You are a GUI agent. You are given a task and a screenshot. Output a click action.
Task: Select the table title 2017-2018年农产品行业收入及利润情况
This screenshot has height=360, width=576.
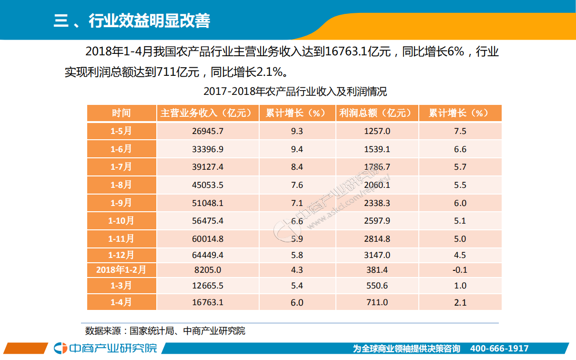[295, 92]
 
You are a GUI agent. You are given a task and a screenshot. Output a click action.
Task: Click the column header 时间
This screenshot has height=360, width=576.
[121, 113]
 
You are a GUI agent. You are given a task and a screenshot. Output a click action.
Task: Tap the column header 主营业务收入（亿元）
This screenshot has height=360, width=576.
[207, 113]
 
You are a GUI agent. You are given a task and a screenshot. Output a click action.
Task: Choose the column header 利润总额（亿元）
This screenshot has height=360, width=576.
[376, 113]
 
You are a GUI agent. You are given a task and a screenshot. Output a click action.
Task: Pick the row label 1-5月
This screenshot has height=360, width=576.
[121, 131]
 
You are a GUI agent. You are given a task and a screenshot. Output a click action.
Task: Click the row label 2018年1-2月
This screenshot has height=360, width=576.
[121, 270]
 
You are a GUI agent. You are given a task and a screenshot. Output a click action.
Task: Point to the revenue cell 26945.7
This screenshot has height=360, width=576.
[207, 131]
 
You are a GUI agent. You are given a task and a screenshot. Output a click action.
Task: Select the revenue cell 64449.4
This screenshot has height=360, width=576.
[207, 255]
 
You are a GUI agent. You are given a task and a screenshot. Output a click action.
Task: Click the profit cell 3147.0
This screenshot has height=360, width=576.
[377, 255]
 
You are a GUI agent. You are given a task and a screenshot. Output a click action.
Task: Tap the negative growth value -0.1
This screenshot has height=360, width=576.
[460, 270]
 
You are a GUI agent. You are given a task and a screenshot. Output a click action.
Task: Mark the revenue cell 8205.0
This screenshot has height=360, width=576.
[208, 270]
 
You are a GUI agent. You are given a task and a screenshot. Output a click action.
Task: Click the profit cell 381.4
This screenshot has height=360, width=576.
[377, 270]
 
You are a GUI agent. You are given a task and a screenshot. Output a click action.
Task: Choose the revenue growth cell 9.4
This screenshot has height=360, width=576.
[297, 149]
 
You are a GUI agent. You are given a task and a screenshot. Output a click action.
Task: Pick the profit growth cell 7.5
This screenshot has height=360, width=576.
[460, 131]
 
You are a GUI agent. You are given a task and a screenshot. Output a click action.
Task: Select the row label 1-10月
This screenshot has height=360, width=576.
[121, 221]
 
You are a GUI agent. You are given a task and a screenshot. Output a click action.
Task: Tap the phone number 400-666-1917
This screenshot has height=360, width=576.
[499, 349]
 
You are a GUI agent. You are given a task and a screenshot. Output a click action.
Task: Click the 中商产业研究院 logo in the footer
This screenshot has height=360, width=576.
[105, 348]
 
